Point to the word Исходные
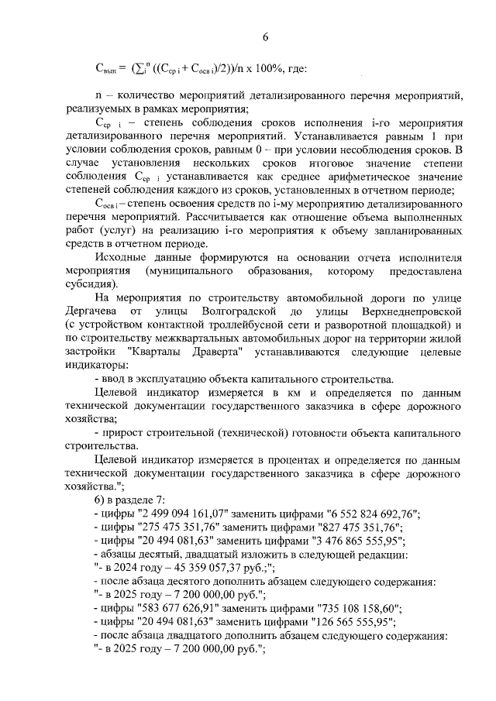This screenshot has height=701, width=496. tap(125, 256)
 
